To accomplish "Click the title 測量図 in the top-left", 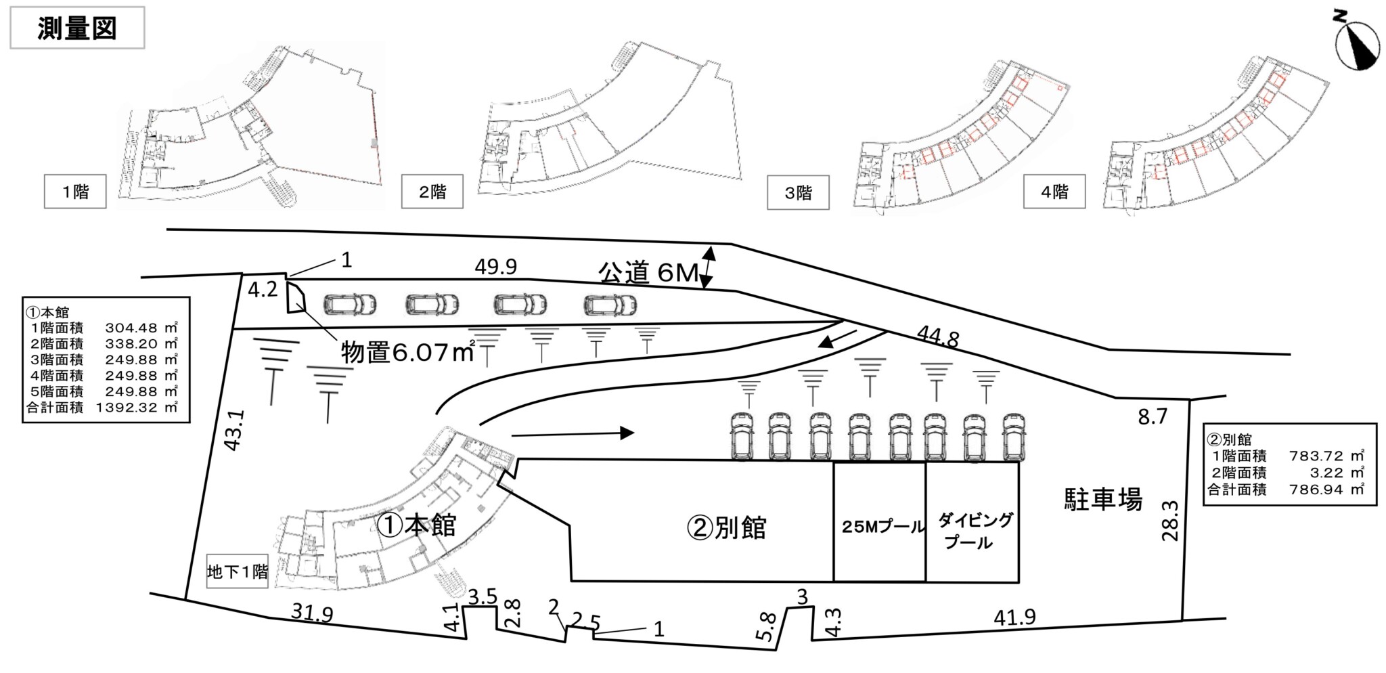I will point(77,28).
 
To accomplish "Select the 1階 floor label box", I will point(75,192).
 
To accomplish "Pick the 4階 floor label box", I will point(1054,192).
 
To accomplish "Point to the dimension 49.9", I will point(495,267).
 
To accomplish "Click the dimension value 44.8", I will point(937,336).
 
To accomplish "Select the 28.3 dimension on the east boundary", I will point(1169,521).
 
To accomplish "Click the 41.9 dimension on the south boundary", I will point(1014,617).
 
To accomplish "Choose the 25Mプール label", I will point(883,527).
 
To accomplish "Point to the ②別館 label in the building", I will point(726,527).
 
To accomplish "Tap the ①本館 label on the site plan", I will point(417,525).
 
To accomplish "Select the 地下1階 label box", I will point(238,572).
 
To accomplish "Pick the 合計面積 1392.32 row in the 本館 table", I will point(102,408).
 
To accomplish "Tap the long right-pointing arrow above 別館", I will point(573,433).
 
